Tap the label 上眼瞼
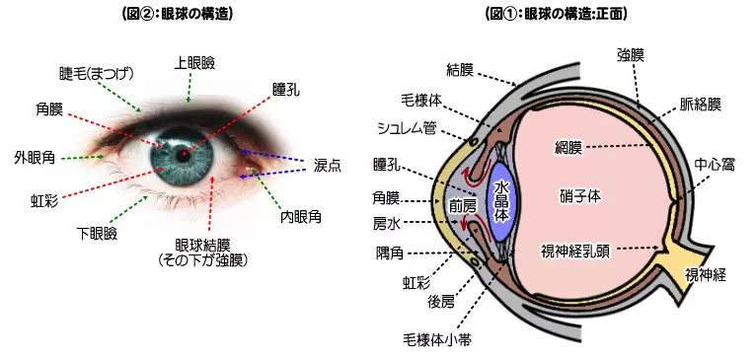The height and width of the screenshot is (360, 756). click(193, 62)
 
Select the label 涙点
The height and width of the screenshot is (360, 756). click(327, 164)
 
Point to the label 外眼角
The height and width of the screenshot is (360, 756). click(34, 157)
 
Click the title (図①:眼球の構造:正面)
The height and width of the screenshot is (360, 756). click(556, 14)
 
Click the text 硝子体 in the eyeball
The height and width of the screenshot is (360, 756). click(579, 196)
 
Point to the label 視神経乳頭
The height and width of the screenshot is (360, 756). click(575, 250)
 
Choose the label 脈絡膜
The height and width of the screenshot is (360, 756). click(700, 104)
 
